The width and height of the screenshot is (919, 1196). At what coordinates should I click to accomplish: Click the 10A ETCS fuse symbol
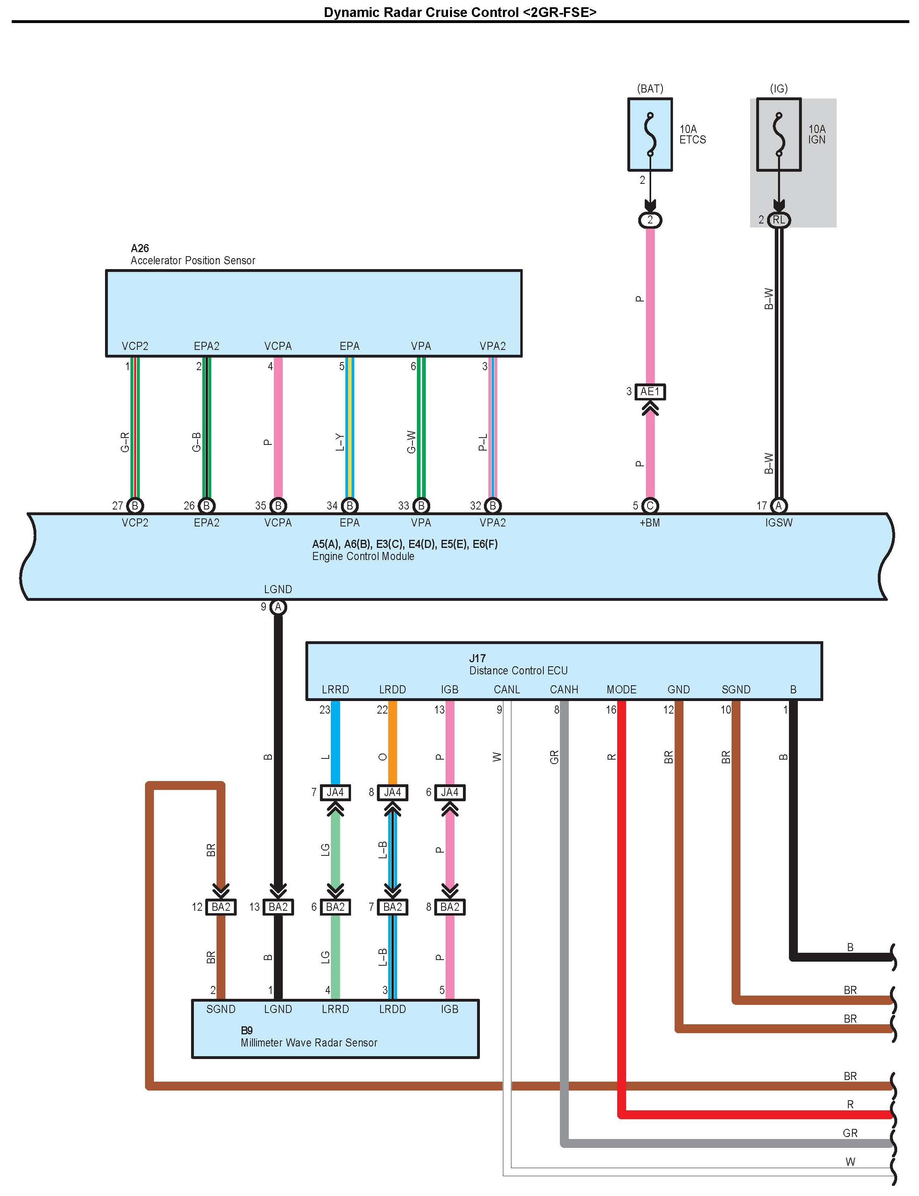[x=650, y=135]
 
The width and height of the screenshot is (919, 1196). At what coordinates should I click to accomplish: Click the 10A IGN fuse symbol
[x=778, y=135]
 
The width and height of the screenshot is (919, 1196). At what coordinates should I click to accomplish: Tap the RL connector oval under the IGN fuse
[x=778, y=220]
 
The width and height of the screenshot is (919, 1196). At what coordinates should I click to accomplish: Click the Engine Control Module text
[x=363, y=556]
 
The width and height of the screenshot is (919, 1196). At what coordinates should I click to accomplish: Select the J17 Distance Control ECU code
[x=477, y=658]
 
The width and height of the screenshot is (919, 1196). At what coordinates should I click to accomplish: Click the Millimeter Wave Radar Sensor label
[x=309, y=1043]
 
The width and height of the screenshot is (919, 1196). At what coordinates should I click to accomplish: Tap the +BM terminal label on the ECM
[x=650, y=522]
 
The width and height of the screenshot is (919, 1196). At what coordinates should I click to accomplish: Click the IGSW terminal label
[x=778, y=522]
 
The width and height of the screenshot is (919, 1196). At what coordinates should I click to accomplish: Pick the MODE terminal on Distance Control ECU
[x=621, y=689]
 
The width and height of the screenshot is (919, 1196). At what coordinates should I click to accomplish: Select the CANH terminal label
[x=564, y=689]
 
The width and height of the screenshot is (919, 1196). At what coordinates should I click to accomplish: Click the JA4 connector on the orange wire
[x=392, y=792]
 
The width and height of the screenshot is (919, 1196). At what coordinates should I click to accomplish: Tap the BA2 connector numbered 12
[x=221, y=907]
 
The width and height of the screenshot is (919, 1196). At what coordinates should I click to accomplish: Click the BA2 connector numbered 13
[x=278, y=907]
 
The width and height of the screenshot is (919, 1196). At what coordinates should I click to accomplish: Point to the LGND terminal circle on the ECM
[x=278, y=607]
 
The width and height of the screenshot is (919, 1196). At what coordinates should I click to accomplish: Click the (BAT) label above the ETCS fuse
[x=650, y=88]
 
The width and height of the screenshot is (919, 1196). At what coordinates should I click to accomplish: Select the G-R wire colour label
[x=125, y=442]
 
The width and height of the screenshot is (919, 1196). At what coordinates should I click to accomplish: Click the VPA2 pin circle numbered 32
[x=492, y=505]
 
